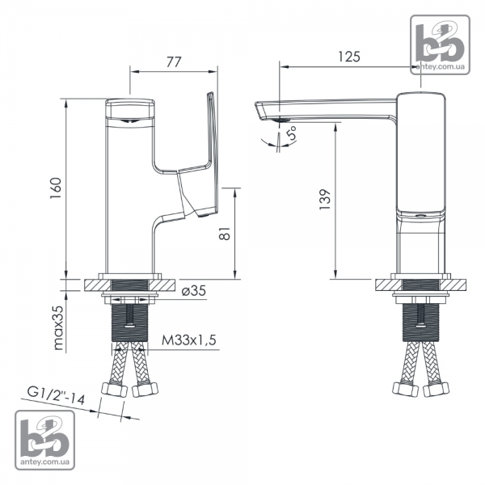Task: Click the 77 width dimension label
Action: (174, 62)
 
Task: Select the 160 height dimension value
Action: (56, 188)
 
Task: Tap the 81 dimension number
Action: (225, 234)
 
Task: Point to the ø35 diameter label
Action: (194, 291)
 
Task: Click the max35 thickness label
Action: (58, 327)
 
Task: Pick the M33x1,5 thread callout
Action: (189, 340)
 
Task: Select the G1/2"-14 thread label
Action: (56, 395)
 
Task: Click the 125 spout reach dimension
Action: (349, 57)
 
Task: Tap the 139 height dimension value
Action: (325, 200)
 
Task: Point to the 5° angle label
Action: (291, 133)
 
